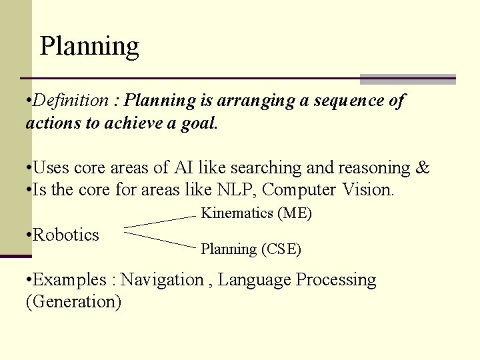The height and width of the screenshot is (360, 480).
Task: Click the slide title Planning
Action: click(x=89, y=47)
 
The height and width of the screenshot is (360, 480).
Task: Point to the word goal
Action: click(x=199, y=123)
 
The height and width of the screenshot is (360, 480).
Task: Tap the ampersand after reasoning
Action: click(x=423, y=167)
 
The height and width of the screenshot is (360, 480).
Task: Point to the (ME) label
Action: click(x=295, y=213)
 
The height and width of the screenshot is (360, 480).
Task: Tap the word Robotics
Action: click(x=65, y=235)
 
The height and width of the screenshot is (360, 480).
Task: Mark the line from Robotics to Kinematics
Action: click(x=160, y=221)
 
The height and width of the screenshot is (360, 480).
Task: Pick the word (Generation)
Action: click(x=73, y=301)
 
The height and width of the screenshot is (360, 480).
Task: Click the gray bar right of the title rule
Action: click(x=407, y=79)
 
